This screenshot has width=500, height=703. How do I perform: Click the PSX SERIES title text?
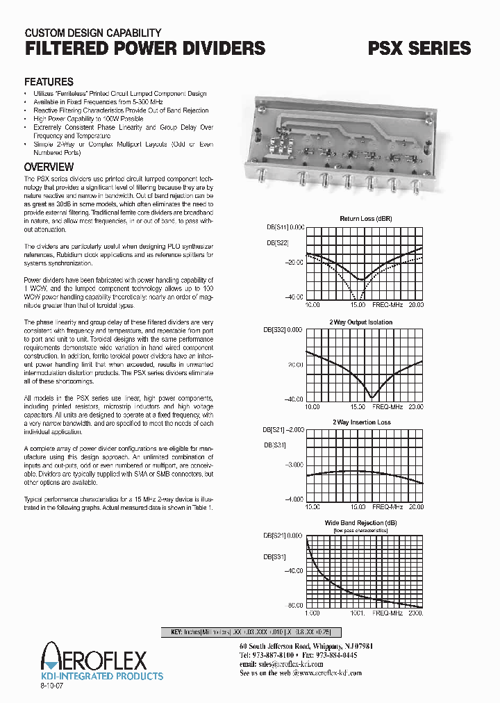(x=419, y=48)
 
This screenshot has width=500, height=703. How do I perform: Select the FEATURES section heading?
(x=49, y=81)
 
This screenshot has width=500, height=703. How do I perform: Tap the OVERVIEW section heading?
(x=49, y=167)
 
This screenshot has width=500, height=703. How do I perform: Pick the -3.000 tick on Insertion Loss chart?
(x=294, y=465)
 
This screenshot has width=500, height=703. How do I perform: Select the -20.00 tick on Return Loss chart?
(x=294, y=262)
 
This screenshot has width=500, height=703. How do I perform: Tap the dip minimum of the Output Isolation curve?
(x=374, y=396)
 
